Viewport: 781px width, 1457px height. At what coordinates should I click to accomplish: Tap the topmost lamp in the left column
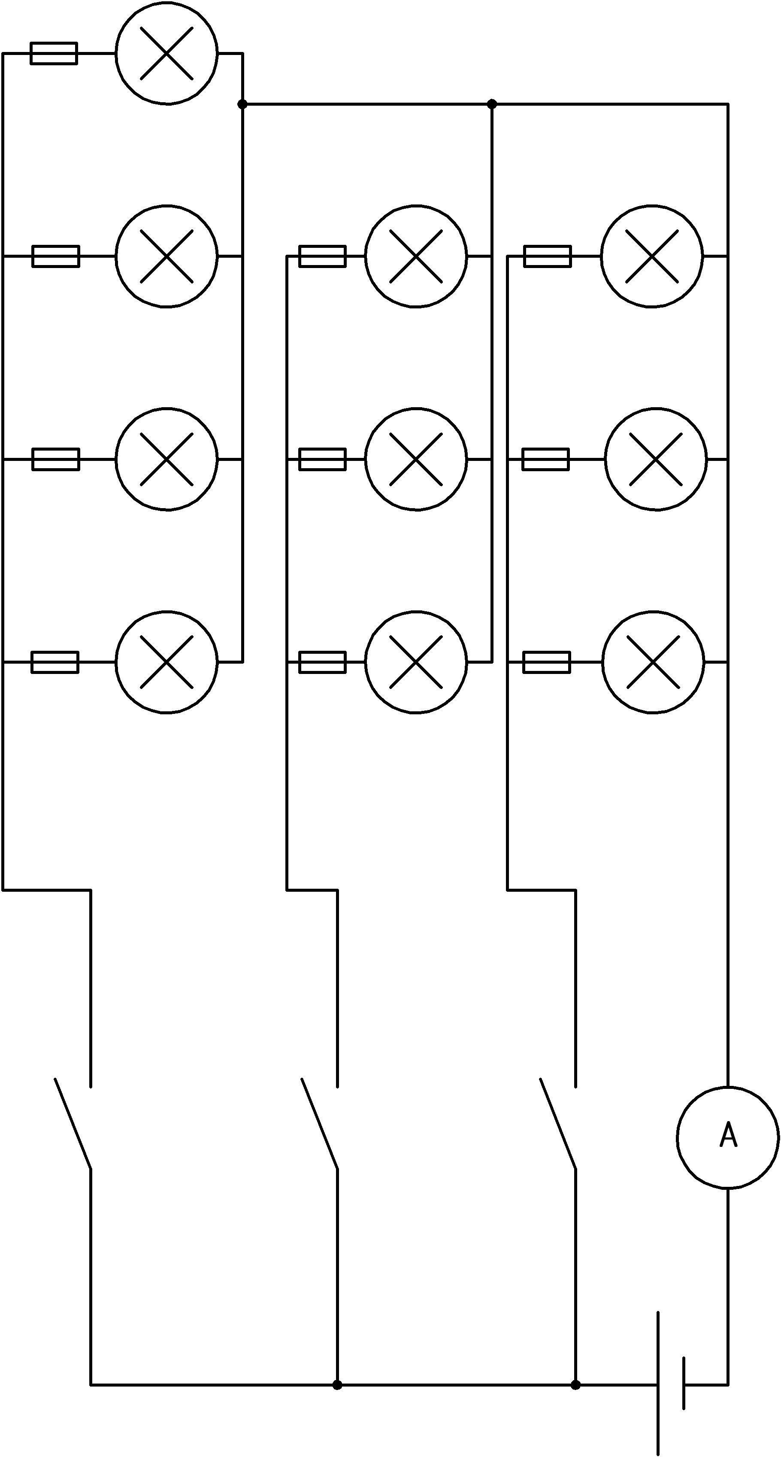tap(166, 53)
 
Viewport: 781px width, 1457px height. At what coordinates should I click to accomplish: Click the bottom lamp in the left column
tap(166, 662)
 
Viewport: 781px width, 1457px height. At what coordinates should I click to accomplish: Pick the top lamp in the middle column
tap(416, 256)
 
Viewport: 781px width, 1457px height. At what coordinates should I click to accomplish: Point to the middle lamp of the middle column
tap(416, 459)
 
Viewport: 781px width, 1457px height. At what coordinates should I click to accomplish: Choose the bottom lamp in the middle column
tap(416, 662)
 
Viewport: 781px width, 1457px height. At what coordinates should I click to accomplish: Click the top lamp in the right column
tap(651, 256)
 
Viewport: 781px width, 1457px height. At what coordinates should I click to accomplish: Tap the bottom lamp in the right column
tap(653, 662)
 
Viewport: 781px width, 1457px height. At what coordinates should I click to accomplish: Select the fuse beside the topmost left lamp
tap(54, 53)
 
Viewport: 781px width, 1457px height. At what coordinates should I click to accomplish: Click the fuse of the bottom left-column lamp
tap(55, 662)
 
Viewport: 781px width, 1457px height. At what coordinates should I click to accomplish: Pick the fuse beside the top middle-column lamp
tap(322, 256)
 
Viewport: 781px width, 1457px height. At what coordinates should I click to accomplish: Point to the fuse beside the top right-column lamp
tap(547, 256)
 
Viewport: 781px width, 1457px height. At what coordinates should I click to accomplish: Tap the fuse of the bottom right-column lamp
tap(546, 662)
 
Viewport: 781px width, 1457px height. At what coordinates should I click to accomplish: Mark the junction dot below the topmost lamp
tap(242, 104)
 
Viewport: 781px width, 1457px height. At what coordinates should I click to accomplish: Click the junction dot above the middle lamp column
tap(492, 104)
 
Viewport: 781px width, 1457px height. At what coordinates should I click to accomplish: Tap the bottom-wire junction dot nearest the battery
tap(575, 1384)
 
